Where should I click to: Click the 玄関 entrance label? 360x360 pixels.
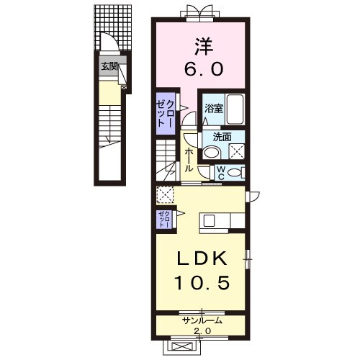[x=109, y=66]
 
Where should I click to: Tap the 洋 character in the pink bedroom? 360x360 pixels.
[x=204, y=47]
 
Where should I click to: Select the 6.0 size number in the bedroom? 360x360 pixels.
[x=204, y=69]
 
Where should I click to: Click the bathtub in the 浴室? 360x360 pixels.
[x=235, y=109]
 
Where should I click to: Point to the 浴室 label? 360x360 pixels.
[x=214, y=109]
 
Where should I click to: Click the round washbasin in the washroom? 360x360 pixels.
[x=212, y=153]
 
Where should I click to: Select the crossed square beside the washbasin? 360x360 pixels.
[x=237, y=151]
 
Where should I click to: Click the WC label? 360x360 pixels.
[x=221, y=174]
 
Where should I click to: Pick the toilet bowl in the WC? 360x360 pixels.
[x=234, y=173]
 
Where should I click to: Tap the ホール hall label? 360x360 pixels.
[x=189, y=160]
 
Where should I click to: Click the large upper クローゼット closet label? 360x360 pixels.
[x=164, y=114]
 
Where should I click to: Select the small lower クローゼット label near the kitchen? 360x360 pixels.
[x=164, y=220]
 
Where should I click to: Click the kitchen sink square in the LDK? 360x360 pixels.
[x=209, y=220]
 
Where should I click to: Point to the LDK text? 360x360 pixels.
[x=202, y=258]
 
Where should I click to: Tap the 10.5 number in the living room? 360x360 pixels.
[x=202, y=282]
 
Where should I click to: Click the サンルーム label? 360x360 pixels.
[x=202, y=320]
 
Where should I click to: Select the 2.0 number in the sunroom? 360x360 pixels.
[x=202, y=331]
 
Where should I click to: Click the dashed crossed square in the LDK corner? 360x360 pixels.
[x=165, y=195]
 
